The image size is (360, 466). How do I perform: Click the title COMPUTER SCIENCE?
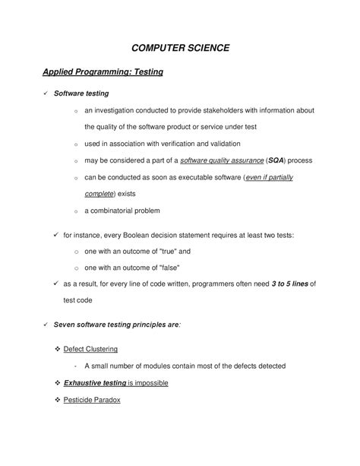pos(180,48)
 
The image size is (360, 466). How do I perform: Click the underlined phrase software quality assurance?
pos(221,160)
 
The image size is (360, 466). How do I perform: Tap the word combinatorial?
pos(123,210)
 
